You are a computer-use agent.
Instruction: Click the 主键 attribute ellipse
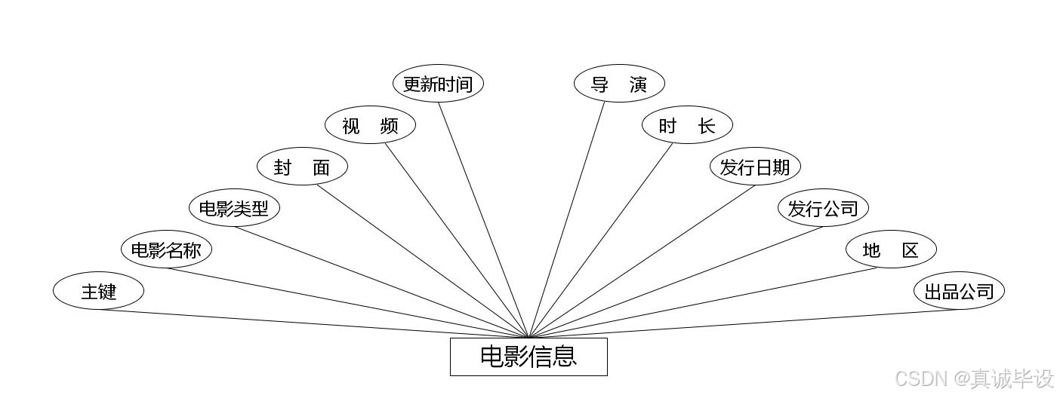(98, 291)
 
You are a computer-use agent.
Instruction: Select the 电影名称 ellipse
(166, 250)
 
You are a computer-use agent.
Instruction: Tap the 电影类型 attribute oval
(234, 208)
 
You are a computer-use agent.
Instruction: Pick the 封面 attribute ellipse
(302, 167)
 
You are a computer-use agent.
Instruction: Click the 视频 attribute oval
(370, 125)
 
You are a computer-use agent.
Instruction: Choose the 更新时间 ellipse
(438, 84)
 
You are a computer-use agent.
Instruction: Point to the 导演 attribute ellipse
(619, 84)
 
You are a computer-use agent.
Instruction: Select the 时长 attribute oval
(687, 125)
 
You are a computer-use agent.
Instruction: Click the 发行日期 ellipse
(755, 167)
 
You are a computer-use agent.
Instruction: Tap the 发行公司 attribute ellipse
(823, 208)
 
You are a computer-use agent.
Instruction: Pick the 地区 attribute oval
(891, 250)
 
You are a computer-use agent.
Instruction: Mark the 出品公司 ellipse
(959, 291)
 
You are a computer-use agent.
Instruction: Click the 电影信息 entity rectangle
(528, 357)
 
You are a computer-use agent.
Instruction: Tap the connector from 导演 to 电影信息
(567, 219)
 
